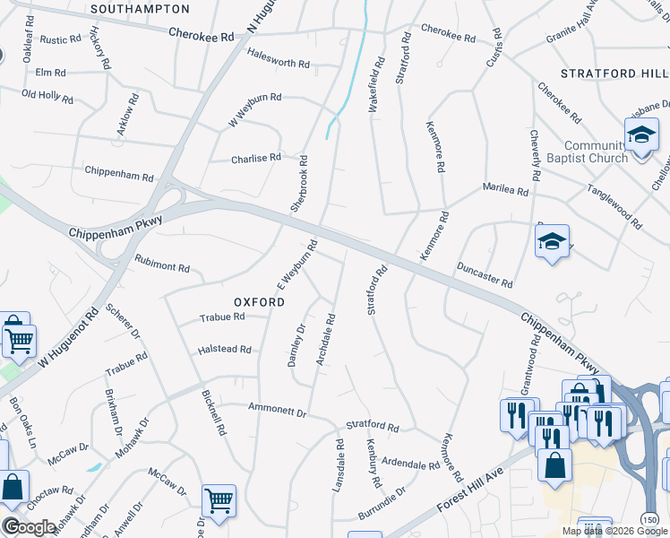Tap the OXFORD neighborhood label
pyautogui.click(x=260, y=302)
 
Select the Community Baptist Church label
pyautogui.click(x=596, y=152)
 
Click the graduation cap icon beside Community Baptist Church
pyautogui.click(x=641, y=136)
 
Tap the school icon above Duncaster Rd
pyautogui.click(x=552, y=241)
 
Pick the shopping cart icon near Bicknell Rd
pyautogui.click(x=219, y=500)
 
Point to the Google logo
pyautogui.click(x=30, y=527)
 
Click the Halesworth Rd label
pyautogui.click(x=278, y=65)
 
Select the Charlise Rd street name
pyautogui.click(x=256, y=158)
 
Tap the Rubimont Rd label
pyautogui.click(x=162, y=267)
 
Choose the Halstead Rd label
pyautogui.click(x=224, y=349)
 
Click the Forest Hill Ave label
pyautogui.click(x=471, y=490)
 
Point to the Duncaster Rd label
pyautogui.click(x=484, y=274)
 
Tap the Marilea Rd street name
pyautogui.click(x=506, y=191)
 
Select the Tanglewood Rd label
pyautogui.click(x=614, y=205)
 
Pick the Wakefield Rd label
pyautogui.click(x=377, y=85)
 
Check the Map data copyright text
pyautogui.click(x=614, y=531)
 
